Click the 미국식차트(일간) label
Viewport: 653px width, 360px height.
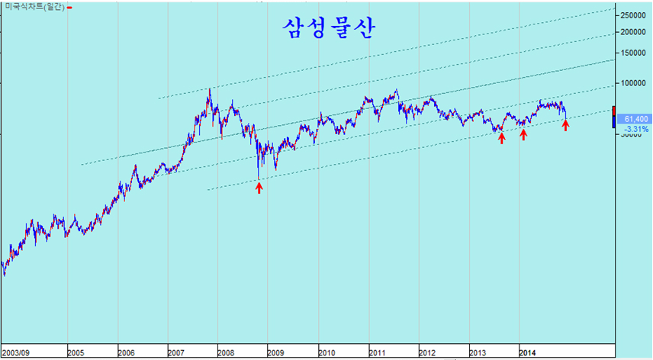pyautogui.click(x=34, y=7)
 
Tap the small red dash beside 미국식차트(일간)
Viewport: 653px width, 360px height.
pyautogui.click(x=70, y=8)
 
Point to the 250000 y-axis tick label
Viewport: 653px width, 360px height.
pyautogui.click(x=633, y=15)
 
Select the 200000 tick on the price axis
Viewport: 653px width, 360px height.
pyautogui.click(x=633, y=32)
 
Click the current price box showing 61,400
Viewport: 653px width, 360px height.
pyautogui.click(x=635, y=119)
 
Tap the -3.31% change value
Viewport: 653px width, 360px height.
pyautogui.click(x=635, y=129)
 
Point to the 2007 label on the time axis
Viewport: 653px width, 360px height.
pyautogui.click(x=176, y=353)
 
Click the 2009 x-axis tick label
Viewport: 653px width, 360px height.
pyautogui.click(x=275, y=353)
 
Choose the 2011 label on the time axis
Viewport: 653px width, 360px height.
pyautogui.click(x=377, y=353)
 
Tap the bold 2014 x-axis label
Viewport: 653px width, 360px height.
pyautogui.click(x=527, y=353)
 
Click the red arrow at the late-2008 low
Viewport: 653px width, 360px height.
pyautogui.click(x=259, y=186)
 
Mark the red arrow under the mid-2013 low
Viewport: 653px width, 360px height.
pyautogui.click(x=501, y=138)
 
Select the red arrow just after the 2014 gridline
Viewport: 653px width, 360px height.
pyautogui.click(x=523, y=134)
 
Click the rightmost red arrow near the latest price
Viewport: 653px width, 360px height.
pyautogui.click(x=565, y=125)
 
